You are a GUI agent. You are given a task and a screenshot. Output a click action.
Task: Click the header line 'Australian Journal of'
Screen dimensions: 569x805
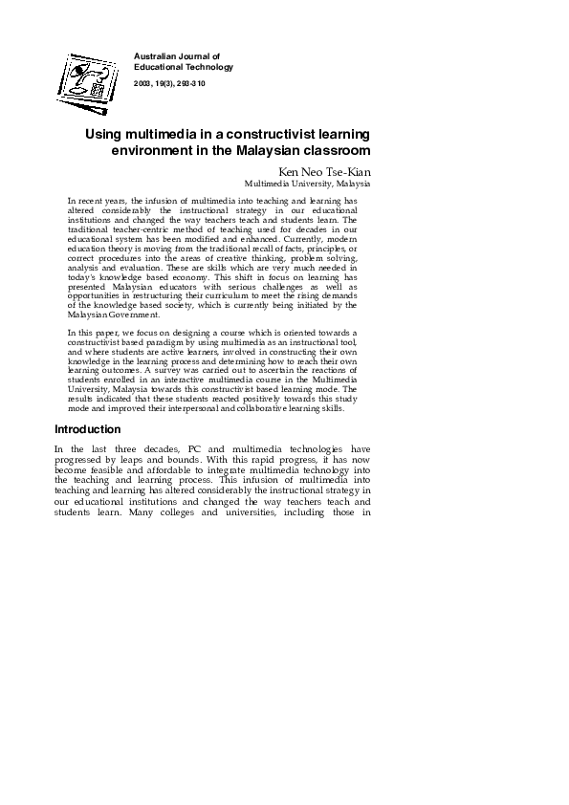tap(177, 57)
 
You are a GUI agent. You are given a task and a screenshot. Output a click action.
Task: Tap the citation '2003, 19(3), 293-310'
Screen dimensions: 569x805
tap(169, 84)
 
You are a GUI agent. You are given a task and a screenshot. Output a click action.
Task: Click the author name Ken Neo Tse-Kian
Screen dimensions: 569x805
tap(324, 171)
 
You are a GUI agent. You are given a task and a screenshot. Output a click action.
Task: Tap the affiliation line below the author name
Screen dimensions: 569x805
tap(307, 183)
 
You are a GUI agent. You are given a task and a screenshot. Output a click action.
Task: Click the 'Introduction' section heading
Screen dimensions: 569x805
tap(88, 429)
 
